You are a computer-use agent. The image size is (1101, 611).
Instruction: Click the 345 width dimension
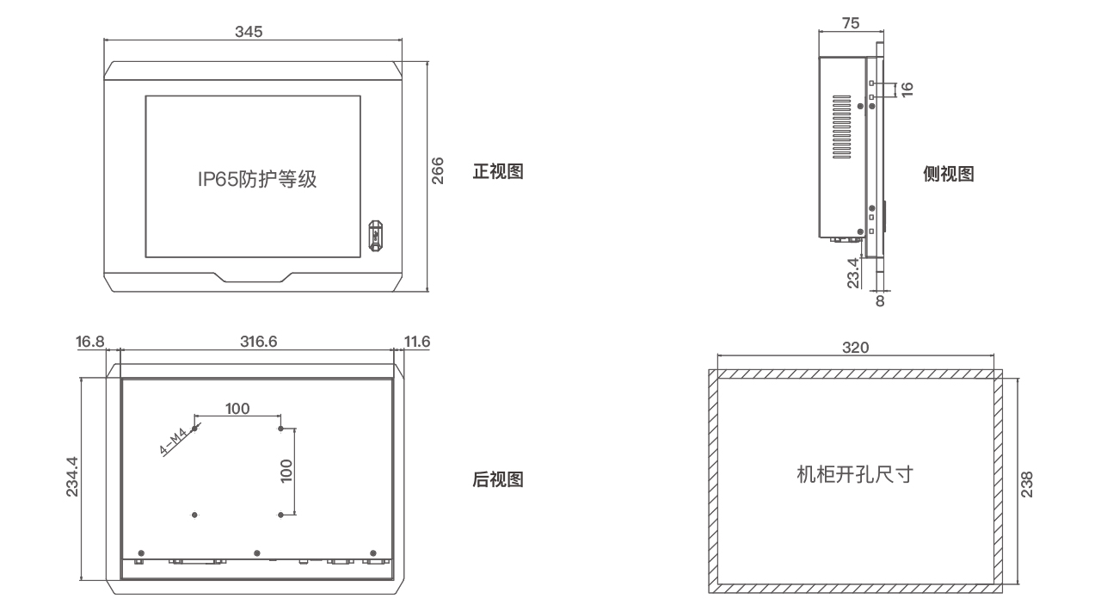point(249,32)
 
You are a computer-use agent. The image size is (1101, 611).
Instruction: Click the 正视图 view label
point(498,171)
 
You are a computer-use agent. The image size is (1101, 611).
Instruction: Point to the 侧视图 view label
point(948,174)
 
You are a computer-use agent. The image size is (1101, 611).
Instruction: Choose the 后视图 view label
point(498,479)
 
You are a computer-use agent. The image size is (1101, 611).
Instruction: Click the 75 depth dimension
point(850,24)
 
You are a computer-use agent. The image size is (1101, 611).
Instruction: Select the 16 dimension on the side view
point(907,89)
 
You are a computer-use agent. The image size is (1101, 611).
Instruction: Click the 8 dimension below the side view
point(879,301)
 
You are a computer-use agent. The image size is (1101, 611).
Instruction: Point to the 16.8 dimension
point(90,342)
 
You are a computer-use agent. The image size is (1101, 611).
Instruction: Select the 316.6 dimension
point(258,342)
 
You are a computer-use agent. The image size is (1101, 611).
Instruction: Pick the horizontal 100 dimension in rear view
point(238,408)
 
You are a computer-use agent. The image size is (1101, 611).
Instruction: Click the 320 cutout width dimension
point(856,348)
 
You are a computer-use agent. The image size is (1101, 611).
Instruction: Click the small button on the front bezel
point(375,235)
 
